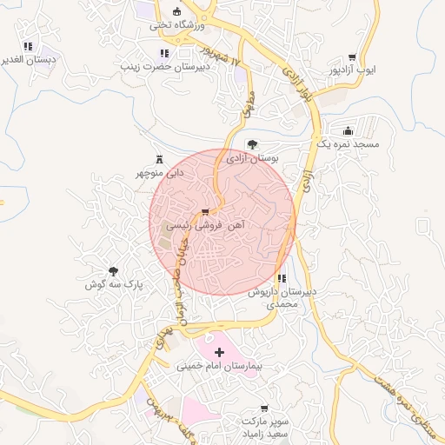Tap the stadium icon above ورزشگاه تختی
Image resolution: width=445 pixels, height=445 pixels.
[177, 11]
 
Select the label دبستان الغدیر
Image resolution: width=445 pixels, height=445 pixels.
[29, 60]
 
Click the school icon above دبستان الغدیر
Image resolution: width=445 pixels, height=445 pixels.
[29, 46]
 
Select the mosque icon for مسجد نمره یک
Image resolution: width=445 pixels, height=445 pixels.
[349, 130]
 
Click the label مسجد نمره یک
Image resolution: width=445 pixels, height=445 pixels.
[348, 143]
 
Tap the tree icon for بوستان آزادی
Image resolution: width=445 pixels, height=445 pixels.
[252, 144]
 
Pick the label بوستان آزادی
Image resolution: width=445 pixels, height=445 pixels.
[251, 159]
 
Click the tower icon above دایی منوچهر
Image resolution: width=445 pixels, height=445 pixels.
[158, 159]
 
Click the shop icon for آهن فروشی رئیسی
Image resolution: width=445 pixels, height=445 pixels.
[205, 211]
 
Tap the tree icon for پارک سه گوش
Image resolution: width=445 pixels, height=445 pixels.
[113, 271]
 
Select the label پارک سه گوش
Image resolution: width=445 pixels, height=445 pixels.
[113, 284]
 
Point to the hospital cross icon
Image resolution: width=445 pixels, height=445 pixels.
[219, 352]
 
